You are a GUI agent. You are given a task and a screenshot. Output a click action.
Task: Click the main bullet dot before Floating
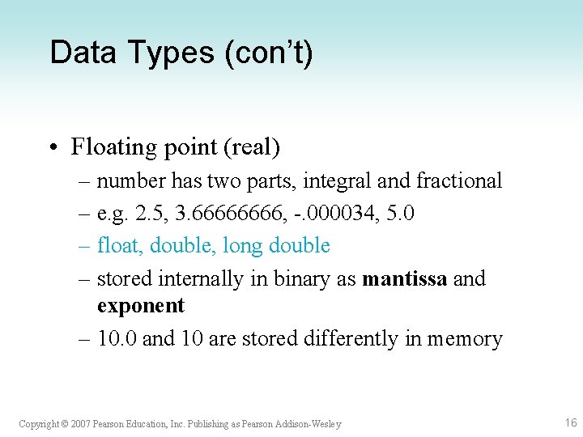coord(52,147)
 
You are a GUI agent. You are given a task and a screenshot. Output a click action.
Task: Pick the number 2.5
coord(151,213)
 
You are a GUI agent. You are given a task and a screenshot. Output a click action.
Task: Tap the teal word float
coord(117,245)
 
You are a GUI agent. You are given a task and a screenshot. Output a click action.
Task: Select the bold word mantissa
coord(405,278)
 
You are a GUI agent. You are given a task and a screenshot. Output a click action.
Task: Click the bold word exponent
coord(141,306)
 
